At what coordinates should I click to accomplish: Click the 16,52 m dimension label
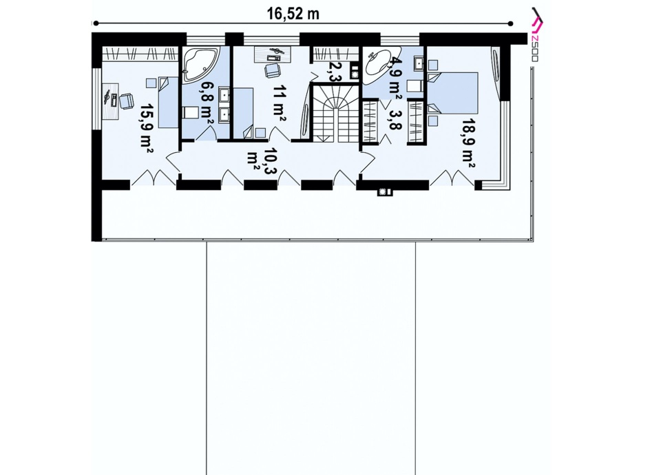[x=293, y=14]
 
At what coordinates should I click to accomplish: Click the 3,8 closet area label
[x=395, y=120]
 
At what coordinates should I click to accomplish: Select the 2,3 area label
[x=334, y=72]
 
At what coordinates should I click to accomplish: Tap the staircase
[x=336, y=112]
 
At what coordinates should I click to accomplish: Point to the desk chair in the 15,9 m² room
[x=125, y=101]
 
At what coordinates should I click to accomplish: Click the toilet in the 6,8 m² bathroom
[x=191, y=112]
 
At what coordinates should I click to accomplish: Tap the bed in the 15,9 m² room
[x=169, y=102]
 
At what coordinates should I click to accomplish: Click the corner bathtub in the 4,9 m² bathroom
[x=378, y=67]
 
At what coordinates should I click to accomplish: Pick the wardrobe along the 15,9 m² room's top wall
[x=140, y=54]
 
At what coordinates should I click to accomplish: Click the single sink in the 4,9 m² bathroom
[x=418, y=63]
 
